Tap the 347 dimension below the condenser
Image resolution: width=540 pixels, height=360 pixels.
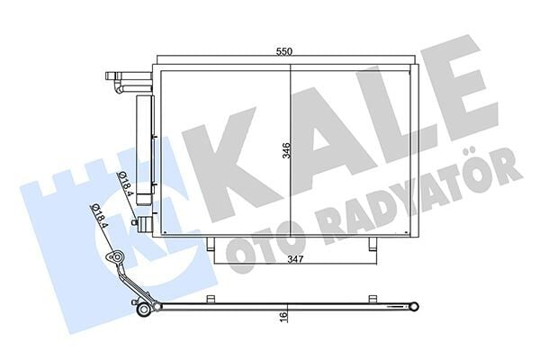(x=288, y=259)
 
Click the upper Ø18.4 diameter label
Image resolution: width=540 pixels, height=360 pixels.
(x=125, y=176)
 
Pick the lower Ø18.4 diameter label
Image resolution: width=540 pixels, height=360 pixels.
(x=98, y=217)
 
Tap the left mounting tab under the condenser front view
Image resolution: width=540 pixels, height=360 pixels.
(x=210, y=244)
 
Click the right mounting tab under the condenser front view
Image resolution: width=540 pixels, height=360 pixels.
(x=369, y=244)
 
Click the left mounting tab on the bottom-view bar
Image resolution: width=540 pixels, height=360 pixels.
(x=210, y=299)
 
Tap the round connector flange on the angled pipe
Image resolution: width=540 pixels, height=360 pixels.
(x=114, y=259)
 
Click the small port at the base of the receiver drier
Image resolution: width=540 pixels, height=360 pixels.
(x=136, y=221)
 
